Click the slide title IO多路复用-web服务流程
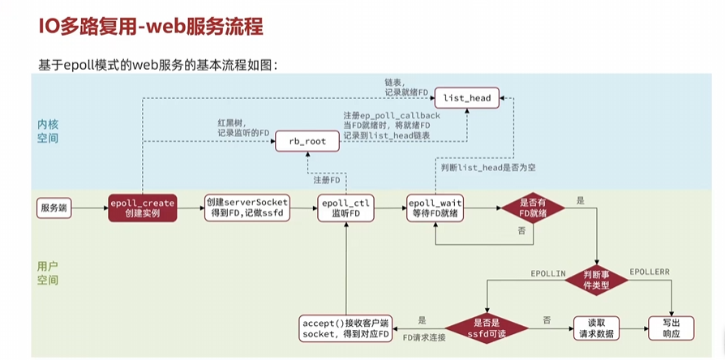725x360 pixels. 151,26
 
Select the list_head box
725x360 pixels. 466,98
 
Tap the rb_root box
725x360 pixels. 307,141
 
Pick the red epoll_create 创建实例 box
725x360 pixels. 143,208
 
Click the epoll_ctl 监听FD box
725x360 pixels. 345,208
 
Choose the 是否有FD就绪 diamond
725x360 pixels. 531,208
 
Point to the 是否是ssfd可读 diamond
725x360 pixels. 484,328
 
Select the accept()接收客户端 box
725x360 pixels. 345,328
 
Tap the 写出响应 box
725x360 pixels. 665,328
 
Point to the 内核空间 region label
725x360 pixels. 48,131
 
